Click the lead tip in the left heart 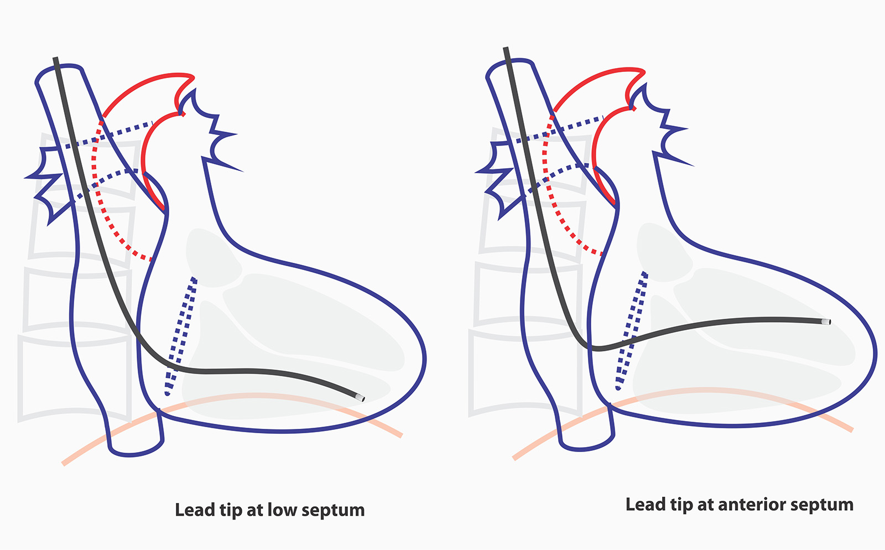[361, 398]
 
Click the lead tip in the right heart [827, 321]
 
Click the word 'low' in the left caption [282, 510]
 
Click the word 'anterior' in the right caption [747, 505]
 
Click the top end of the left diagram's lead [55, 59]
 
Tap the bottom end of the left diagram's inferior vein [133, 453]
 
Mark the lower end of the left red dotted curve [150, 258]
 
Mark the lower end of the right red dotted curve [602, 253]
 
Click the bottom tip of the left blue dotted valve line [167, 393]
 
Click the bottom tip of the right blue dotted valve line [618, 388]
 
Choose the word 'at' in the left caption [254, 510]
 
